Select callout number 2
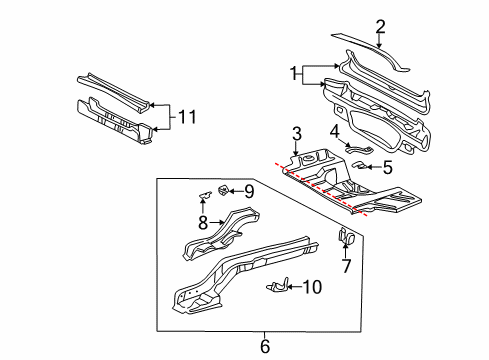pos(379,27)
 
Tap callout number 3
pos(297,132)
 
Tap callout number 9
pos(249,190)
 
